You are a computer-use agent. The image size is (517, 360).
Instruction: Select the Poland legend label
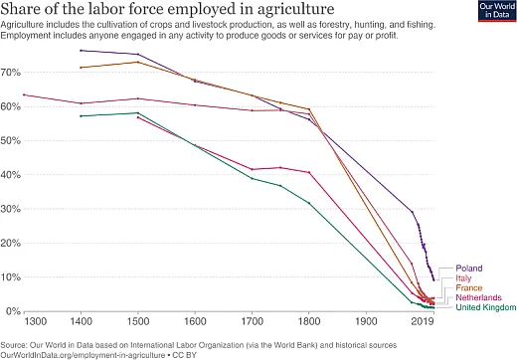click(x=468, y=269)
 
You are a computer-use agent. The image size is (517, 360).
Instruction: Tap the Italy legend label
click(x=463, y=278)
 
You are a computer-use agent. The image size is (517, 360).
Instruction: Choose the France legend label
click(x=469, y=288)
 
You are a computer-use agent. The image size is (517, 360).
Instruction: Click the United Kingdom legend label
click(x=486, y=308)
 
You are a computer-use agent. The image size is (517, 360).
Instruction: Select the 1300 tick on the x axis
click(x=35, y=322)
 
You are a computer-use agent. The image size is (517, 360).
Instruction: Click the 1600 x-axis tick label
click(x=194, y=322)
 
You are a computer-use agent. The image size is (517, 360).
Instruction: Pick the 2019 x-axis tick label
click(x=425, y=322)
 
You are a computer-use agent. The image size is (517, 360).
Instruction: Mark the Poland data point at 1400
click(x=81, y=50)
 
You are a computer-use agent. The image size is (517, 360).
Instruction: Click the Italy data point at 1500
click(x=138, y=62)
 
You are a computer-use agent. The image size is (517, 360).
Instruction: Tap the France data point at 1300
click(x=24, y=94)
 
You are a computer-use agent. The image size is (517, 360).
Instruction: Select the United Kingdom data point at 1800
click(x=309, y=203)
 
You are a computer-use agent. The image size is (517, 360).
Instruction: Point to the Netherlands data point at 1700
click(x=253, y=169)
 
